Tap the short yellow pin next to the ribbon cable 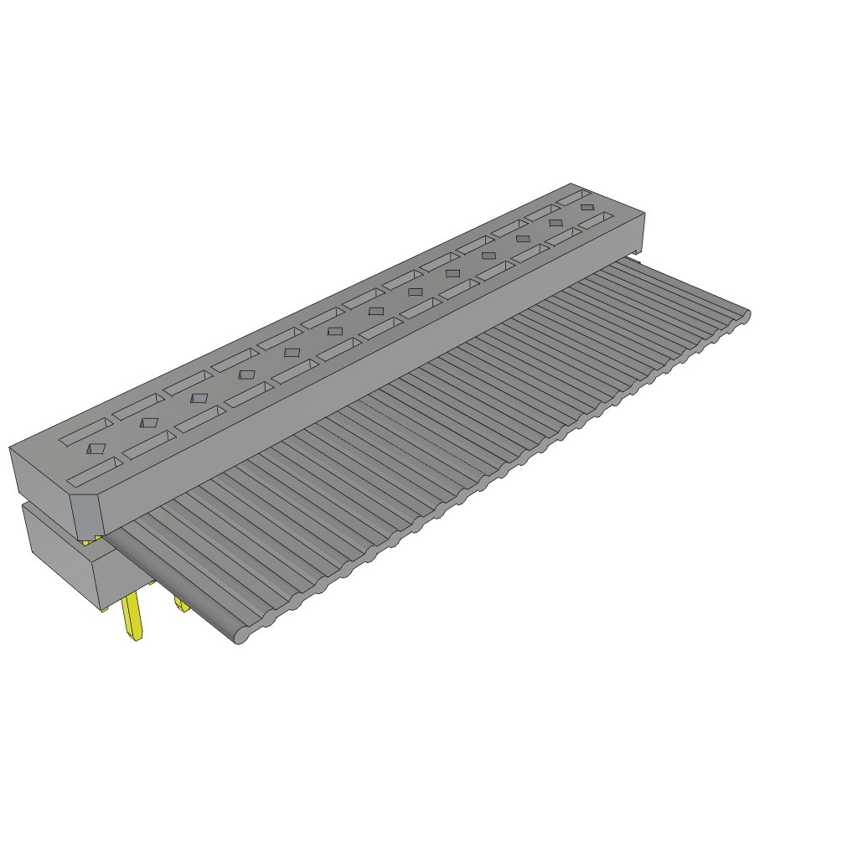point(180,603)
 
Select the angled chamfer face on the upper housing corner point(86,516)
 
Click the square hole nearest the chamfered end point(97,449)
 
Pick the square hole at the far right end point(587,207)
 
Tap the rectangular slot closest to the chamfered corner point(95,473)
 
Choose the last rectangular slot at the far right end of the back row point(574,198)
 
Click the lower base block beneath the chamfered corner point(67,561)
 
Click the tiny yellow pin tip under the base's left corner point(104,609)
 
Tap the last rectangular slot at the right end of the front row point(595,220)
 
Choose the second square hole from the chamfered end point(148,422)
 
